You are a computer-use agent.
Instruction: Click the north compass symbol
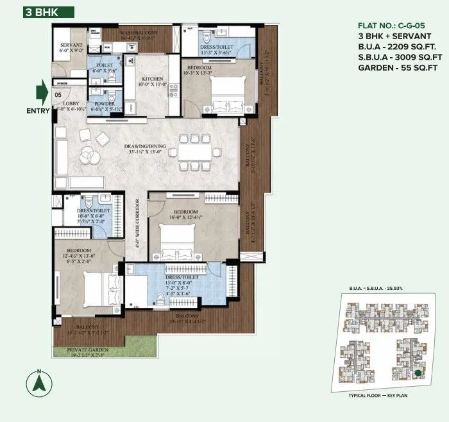pos(39,384)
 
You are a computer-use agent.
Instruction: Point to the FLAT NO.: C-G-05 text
pos(392,27)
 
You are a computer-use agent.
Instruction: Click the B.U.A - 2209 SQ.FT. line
pos(396,47)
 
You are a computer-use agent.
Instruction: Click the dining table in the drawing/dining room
pos(194,152)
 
